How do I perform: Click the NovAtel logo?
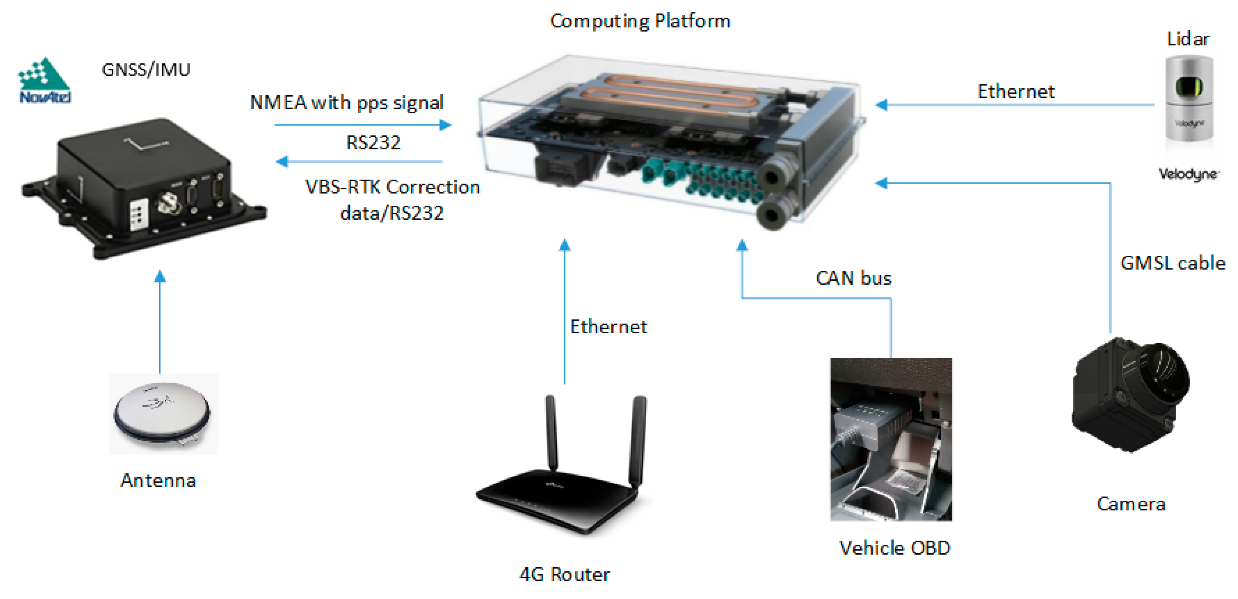[44, 81]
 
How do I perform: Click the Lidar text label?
[1188, 39]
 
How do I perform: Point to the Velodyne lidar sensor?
[1188, 99]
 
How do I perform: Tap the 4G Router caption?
[564, 574]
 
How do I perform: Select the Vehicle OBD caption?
[894, 548]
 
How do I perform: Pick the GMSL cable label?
[1173, 263]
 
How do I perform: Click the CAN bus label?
[853, 278]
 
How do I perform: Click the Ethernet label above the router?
[608, 327]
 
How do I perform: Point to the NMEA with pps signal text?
[346, 103]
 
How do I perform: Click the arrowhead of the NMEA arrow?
[446, 125]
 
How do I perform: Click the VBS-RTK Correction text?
[392, 187]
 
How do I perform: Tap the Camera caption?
[1131, 504]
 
